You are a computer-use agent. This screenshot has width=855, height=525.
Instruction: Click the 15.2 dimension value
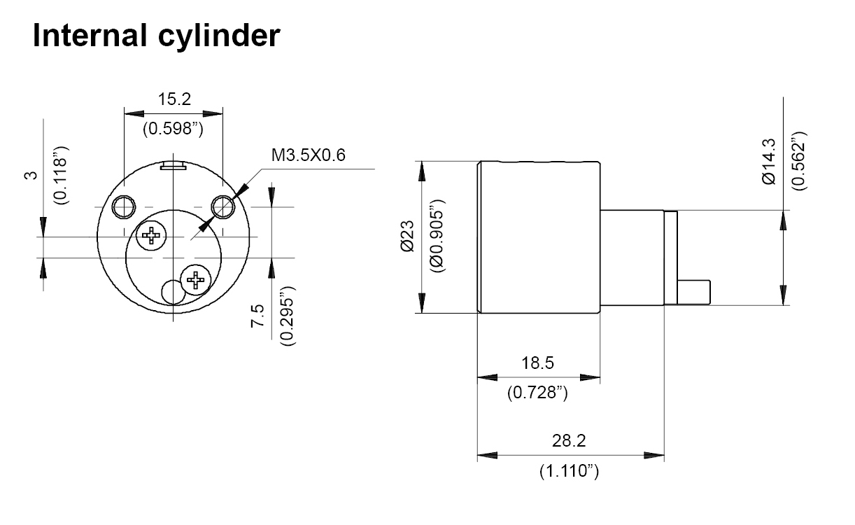click(174, 99)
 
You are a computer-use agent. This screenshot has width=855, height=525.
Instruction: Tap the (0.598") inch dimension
click(173, 129)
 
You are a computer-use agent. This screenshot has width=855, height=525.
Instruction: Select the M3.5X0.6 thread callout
click(309, 155)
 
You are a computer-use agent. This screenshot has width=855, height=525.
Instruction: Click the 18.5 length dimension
click(537, 363)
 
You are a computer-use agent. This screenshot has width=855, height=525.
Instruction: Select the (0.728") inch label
click(537, 393)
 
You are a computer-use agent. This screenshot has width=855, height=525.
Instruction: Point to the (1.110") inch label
click(569, 471)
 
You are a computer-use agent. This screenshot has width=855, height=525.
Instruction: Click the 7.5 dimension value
click(257, 316)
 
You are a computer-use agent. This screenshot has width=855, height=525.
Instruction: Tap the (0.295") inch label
click(286, 316)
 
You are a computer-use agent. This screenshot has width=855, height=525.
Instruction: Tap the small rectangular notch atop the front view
click(173, 166)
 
